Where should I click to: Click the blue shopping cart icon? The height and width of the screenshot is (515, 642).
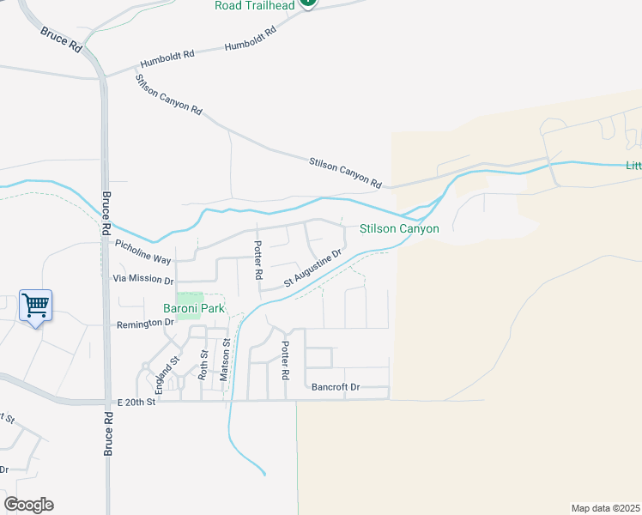pyautogui.click(x=35, y=306)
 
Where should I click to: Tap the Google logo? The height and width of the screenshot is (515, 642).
pyautogui.click(x=28, y=505)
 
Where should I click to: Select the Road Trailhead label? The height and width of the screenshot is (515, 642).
pyautogui.click(x=254, y=5)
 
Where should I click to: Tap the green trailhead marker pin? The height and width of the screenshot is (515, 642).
pyautogui.click(x=308, y=3)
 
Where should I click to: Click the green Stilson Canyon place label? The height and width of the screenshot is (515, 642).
pyautogui.click(x=399, y=229)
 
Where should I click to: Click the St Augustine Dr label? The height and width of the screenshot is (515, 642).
pyautogui.click(x=314, y=269)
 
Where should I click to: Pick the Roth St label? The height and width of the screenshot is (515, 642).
pyautogui.click(x=203, y=365)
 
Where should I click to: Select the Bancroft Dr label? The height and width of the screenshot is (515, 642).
pyautogui.click(x=336, y=387)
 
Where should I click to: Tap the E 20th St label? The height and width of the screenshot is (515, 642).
pyautogui.click(x=136, y=402)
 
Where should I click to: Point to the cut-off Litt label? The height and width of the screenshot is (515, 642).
pyautogui.click(x=633, y=166)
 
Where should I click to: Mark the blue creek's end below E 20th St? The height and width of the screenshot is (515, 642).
pyautogui.click(x=263, y=473)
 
